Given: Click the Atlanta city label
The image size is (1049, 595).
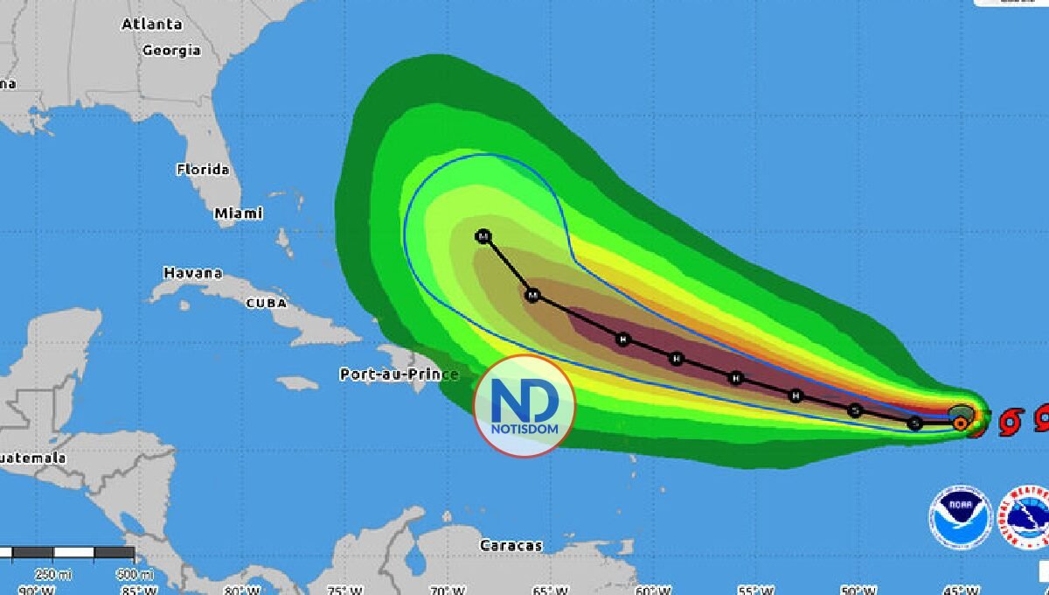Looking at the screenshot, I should coord(151,24).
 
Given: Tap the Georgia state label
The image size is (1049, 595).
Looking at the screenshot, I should coord(171,51).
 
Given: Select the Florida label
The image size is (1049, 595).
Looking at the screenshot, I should coord(203,170).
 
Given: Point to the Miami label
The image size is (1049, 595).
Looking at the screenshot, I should coord(238,213).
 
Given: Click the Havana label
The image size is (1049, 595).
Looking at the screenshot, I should coord(192,273).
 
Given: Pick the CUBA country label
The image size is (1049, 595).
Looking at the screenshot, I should coord(267,303).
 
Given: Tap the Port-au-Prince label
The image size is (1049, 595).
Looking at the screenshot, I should coord(399,374).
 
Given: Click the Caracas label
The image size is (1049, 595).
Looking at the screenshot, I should coord(511,546).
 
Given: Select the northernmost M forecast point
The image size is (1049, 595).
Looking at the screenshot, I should coord(483,236).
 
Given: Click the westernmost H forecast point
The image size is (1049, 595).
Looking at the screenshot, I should coord(623,339).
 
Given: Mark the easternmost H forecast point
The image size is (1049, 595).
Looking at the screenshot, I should coord(795,396).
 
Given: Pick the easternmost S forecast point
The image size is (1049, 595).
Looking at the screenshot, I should coord(914,423).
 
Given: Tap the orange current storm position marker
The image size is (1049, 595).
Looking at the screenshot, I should coord(960,423).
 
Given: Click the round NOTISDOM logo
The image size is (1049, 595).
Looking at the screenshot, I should coord(524,406).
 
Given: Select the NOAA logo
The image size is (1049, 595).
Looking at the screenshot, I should coord(960,518).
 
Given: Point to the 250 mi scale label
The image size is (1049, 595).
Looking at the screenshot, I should coord(46,575).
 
